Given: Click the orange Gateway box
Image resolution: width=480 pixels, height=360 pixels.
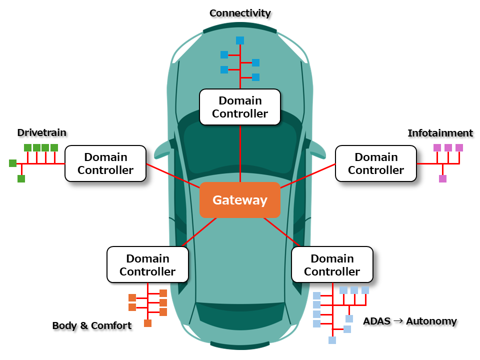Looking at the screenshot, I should pyautogui.click(x=240, y=200).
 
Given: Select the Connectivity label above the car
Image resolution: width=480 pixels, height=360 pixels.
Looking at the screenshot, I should pyautogui.click(x=240, y=13).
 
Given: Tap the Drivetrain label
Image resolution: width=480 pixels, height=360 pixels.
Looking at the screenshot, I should pyautogui.click(x=42, y=132).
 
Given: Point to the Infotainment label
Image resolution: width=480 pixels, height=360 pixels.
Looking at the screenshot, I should pyautogui.click(x=440, y=133).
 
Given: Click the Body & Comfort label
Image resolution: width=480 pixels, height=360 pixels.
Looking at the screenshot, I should pyautogui.click(x=92, y=325).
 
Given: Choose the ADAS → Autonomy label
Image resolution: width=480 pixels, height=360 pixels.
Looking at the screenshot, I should pyautogui.click(x=410, y=321).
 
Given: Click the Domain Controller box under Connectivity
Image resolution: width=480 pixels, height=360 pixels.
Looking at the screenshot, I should pyautogui.click(x=240, y=107).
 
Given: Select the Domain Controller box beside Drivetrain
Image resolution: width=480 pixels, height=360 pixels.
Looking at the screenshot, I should pyautogui.click(x=105, y=163).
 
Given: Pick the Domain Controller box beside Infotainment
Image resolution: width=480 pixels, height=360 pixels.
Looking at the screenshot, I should pyautogui.click(x=376, y=163).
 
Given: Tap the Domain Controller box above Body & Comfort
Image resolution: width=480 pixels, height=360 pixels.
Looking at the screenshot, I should pyautogui.click(x=147, y=265).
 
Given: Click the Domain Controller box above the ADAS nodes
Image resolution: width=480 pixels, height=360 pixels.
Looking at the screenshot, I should pyautogui.click(x=332, y=265).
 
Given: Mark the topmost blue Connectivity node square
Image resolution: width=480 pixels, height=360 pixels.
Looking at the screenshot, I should pyautogui.click(x=240, y=40).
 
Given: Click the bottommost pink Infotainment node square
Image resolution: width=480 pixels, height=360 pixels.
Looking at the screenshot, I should pyautogui.click(x=442, y=178).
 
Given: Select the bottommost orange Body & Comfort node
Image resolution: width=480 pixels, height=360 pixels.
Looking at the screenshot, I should pyautogui.click(x=147, y=323).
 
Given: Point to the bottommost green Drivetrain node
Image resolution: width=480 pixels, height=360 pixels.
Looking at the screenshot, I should pyautogui.click(x=21, y=178).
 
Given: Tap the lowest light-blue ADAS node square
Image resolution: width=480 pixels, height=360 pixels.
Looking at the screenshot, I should pyautogui.click(x=332, y=340).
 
